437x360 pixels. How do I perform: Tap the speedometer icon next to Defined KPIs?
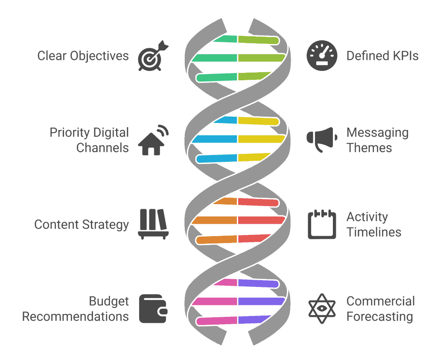tap(322, 56)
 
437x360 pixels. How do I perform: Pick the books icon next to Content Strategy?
tap(153, 223)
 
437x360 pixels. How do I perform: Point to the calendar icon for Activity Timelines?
tap(322, 224)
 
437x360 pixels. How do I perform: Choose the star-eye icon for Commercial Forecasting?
tap(322, 308)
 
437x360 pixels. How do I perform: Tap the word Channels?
tap(102, 148)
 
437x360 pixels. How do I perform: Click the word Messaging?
tap(378, 133)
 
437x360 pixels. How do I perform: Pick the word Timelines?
tap(374, 232)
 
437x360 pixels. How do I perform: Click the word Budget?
tap(109, 301)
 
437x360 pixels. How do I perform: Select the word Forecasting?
tap(380, 316)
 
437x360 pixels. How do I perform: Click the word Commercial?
tap(381, 301)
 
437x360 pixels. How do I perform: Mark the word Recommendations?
tap(76, 316)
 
